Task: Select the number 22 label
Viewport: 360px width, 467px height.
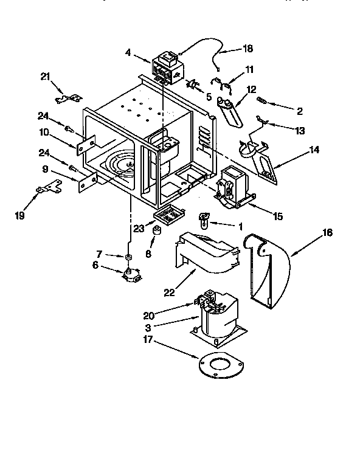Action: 169,292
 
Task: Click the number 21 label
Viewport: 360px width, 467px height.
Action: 45,75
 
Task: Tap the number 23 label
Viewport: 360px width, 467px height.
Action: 139,229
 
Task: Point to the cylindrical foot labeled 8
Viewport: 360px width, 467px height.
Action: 156,232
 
